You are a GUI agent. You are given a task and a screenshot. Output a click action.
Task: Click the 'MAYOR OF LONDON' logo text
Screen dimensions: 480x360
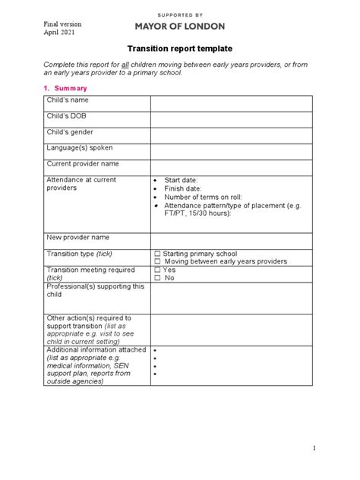[180, 26]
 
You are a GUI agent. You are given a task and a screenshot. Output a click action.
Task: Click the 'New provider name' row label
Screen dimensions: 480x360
[78, 237]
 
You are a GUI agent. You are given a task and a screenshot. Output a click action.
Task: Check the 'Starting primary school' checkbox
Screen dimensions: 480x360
[156, 254]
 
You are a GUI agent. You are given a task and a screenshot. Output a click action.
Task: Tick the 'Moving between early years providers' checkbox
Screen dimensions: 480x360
[156, 261]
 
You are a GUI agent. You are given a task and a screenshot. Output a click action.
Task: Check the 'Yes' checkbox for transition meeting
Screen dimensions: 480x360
[156, 270]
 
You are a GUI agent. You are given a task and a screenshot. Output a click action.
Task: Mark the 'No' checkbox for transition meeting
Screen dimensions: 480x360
[156, 278]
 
